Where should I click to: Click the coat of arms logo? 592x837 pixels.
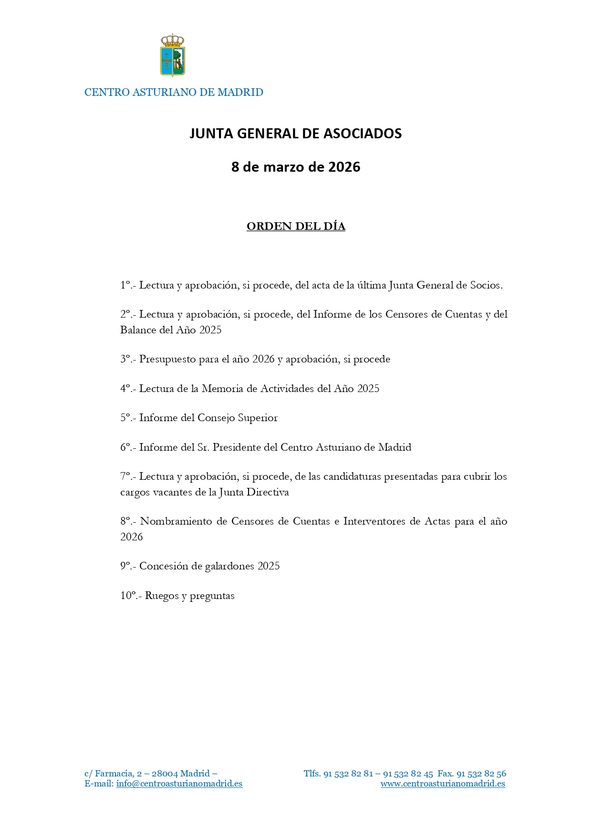(x=172, y=55)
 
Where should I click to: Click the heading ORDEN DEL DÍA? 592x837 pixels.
(x=296, y=227)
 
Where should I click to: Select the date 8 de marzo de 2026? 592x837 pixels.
(x=296, y=167)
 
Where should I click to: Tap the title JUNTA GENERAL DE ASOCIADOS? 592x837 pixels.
(x=296, y=134)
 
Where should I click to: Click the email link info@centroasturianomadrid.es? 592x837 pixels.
(x=179, y=784)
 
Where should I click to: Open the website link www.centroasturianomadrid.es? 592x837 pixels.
(x=443, y=784)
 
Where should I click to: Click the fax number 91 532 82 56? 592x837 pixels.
(x=481, y=774)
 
